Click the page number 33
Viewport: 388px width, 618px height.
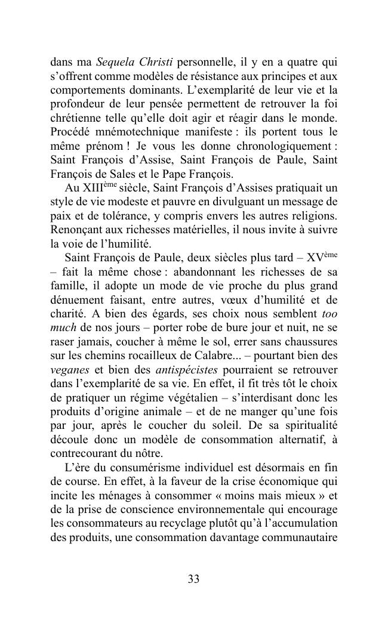point(193,579)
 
